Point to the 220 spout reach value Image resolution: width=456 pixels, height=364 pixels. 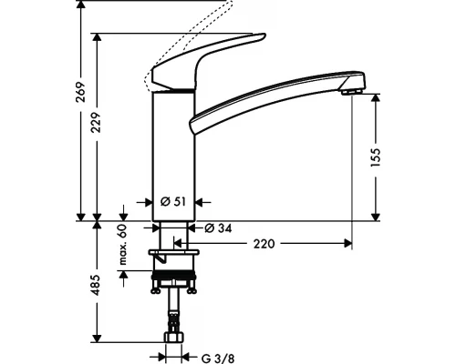point(265,243)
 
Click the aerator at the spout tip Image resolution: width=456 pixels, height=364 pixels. point(350,89)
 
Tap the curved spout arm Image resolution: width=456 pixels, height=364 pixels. point(274,101)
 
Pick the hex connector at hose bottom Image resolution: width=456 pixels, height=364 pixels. point(171,346)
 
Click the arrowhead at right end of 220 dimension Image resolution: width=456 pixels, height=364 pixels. point(347,243)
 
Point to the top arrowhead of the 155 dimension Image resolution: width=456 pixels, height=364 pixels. point(375,100)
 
